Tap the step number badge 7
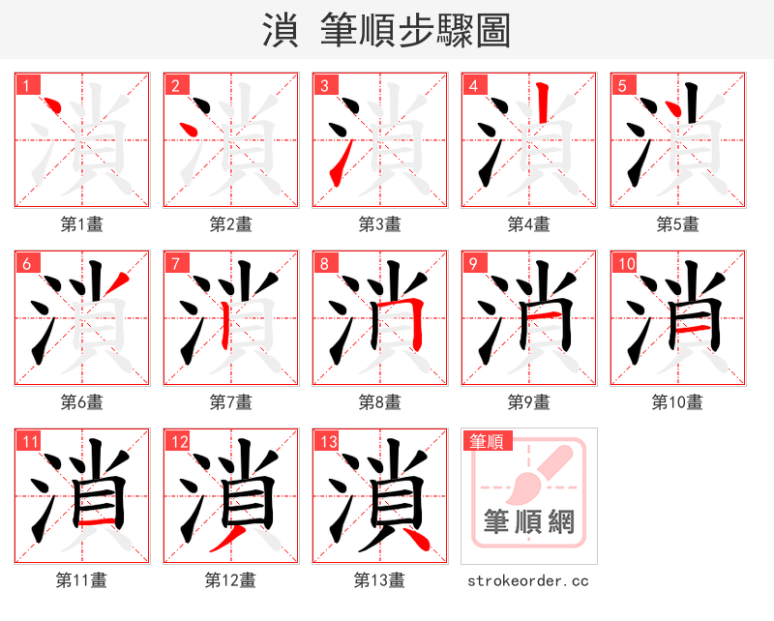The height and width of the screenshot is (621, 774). point(175,263)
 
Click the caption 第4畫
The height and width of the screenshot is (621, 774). point(528,224)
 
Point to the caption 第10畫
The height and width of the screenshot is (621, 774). point(677,402)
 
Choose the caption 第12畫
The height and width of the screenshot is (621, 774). point(230,580)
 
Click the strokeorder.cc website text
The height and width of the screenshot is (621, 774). point(528,580)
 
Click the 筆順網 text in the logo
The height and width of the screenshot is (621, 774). point(528,522)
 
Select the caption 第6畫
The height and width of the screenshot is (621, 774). point(81,402)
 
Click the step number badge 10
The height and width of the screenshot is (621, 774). point(625,263)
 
